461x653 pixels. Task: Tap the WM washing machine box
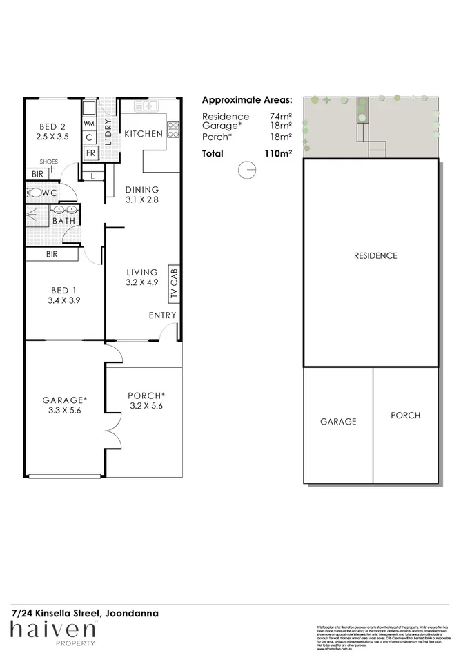pos(89,123)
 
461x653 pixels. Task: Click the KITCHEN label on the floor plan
pos(144,133)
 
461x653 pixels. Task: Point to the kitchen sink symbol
pos(147,106)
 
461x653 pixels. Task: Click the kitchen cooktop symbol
pos(173,129)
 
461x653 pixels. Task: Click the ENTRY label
pos(163,315)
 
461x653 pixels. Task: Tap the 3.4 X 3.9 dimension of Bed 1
pos(63,300)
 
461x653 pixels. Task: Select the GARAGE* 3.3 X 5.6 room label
pos(64,405)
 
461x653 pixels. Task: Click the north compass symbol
pos(245,170)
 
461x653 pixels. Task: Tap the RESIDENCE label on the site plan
pos(375,255)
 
